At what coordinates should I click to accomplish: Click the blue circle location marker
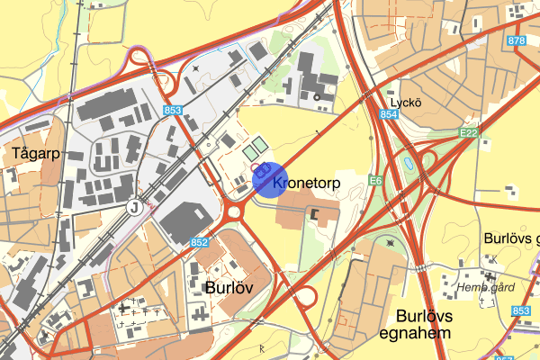(x=269, y=178)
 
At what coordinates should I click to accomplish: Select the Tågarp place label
(x=36, y=153)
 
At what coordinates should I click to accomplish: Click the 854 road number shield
(x=388, y=114)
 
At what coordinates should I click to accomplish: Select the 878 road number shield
(x=517, y=41)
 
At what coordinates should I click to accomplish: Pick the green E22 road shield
(x=467, y=133)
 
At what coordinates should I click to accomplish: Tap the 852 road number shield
(x=200, y=242)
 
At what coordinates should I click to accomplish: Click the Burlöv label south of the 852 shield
(x=229, y=288)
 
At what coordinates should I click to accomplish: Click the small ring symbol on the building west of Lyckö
(x=317, y=95)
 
